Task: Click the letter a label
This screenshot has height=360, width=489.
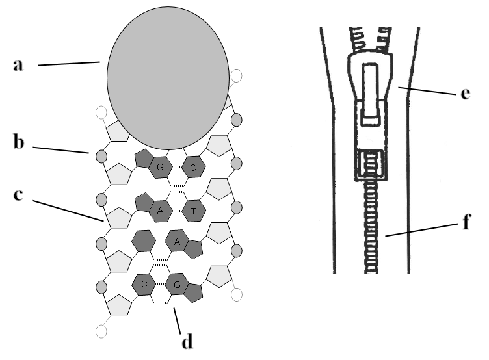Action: pyautogui.click(x=18, y=66)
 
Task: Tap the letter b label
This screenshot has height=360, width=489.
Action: pyautogui.click(x=19, y=142)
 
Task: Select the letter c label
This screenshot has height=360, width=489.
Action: pyautogui.click(x=18, y=195)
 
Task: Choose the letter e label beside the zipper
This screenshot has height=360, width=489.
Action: pyautogui.click(x=466, y=93)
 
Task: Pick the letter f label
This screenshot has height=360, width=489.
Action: pyautogui.click(x=466, y=222)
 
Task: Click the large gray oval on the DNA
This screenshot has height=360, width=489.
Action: pyautogui.click(x=168, y=78)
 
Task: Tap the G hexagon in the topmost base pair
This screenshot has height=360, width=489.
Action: pyautogui.click(x=161, y=168)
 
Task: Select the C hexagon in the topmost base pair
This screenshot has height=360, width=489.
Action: pyautogui.click(x=193, y=168)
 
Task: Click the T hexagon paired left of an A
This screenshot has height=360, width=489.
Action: pyautogui.click(x=144, y=241)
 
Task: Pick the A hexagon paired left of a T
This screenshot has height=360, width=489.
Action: pyautogui.click(x=161, y=211)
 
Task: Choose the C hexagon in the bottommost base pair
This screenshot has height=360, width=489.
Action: pyautogui.click(x=144, y=284)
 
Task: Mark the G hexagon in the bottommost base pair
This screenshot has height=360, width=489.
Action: pyautogui.click(x=177, y=284)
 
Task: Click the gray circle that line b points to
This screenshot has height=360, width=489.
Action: pyautogui.click(x=101, y=155)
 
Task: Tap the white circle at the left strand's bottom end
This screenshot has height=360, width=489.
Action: pyautogui.click(x=101, y=331)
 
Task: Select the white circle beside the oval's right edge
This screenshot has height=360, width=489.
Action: pyautogui.click(x=237, y=76)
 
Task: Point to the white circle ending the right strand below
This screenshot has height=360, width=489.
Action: pyautogui.click(x=237, y=294)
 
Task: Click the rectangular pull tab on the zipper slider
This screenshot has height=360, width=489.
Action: pyautogui.click(x=371, y=94)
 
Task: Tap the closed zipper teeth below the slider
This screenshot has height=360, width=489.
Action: pyautogui.click(x=371, y=227)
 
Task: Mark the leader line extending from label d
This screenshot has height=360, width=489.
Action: pyautogui.click(x=177, y=321)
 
